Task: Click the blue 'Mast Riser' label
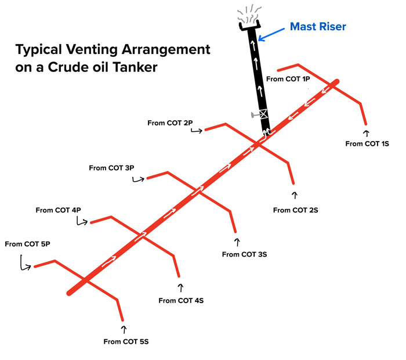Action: (x=318, y=27)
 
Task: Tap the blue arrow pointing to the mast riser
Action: (x=271, y=35)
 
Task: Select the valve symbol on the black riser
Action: (x=263, y=114)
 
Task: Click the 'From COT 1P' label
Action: (x=288, y=79)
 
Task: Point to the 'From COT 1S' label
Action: (x=367, y=143)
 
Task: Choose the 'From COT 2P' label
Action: (x=170, y=123)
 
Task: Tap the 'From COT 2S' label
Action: (x=295, y=210)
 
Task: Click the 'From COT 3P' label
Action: (x=111, y=168)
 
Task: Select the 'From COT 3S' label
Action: (x=244, y=254)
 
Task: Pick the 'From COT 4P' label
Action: (x=58, y=210)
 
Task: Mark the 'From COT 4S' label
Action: (x=181, y=300)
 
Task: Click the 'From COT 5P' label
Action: (x=27, y=244)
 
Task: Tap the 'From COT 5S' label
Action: (x=126, y=341)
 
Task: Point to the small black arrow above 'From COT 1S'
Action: (x=366, y=133)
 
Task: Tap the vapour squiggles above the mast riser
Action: (x=249, y=15)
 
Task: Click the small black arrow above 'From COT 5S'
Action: (x=124, y=329)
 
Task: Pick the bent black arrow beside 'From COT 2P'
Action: (x=197, y=131)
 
